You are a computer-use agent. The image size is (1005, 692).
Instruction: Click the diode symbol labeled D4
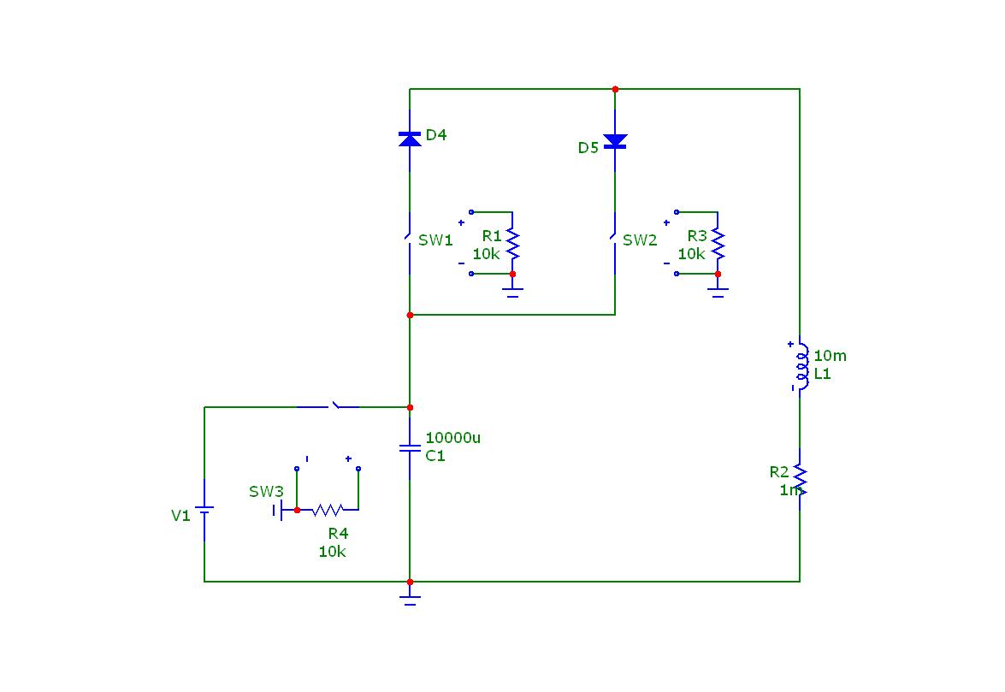[410, 138]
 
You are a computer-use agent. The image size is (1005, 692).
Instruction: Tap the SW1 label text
[435, 240]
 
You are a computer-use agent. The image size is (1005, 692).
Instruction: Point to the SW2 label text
[640, 240]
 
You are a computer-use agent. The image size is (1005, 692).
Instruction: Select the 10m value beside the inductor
[830, 356]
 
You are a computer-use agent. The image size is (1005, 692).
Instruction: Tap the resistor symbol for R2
[800, 480]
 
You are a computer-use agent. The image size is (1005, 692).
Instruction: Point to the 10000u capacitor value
[452, 438]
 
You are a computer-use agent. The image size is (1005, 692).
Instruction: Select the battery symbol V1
[204, 515]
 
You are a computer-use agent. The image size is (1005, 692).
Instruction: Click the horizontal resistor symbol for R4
[327, 510]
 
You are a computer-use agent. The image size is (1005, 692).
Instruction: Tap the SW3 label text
[266, 492]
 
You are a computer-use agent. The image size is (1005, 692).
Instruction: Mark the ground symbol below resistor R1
[512, 293]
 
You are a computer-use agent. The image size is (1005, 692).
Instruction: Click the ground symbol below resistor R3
[718, 293]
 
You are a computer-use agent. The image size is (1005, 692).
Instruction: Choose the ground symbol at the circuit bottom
[410, 599]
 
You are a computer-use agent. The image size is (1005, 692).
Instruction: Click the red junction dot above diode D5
[615, 89]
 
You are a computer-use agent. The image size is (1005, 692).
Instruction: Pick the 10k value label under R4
[332, 552]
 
